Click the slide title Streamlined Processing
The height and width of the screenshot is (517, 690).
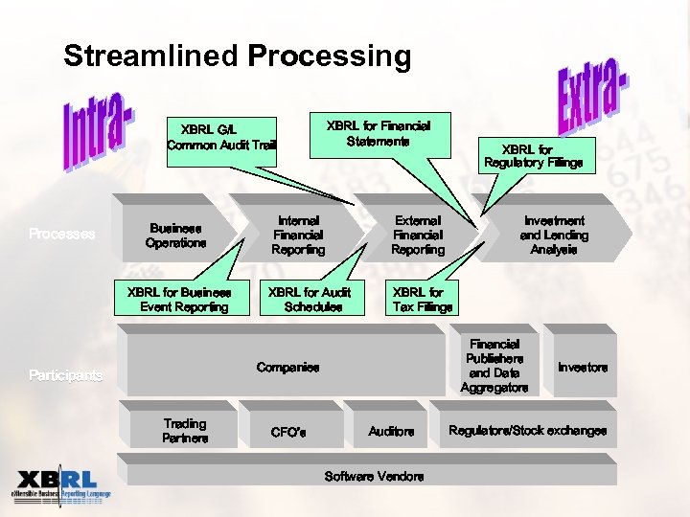click(237, 56)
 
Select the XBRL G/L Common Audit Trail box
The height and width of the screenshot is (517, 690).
click(221, 138)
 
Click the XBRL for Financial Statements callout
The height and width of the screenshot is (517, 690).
click(379, 133)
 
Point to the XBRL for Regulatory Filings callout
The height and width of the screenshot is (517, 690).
click(533, 156)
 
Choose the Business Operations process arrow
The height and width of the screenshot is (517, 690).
click(176, 236)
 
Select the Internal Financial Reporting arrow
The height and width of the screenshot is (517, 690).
click(298, 236)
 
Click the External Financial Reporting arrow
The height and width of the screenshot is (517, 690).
click(418, 236)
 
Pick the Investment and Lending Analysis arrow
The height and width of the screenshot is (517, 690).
click(554, 236)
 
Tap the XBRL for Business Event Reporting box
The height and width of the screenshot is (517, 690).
click(185, 300)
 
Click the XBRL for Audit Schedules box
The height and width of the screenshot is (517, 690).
click(310, 300)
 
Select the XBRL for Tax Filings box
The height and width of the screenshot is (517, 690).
click(422, 300)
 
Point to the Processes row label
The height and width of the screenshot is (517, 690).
click(62, 234)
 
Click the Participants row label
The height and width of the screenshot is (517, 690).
click(65, 376)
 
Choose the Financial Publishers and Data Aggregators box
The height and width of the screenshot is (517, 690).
click(494, 366)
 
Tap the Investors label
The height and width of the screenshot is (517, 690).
click(583, 368)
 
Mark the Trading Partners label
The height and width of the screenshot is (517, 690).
click(185, 431)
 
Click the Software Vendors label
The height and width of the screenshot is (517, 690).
click(374, 476)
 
